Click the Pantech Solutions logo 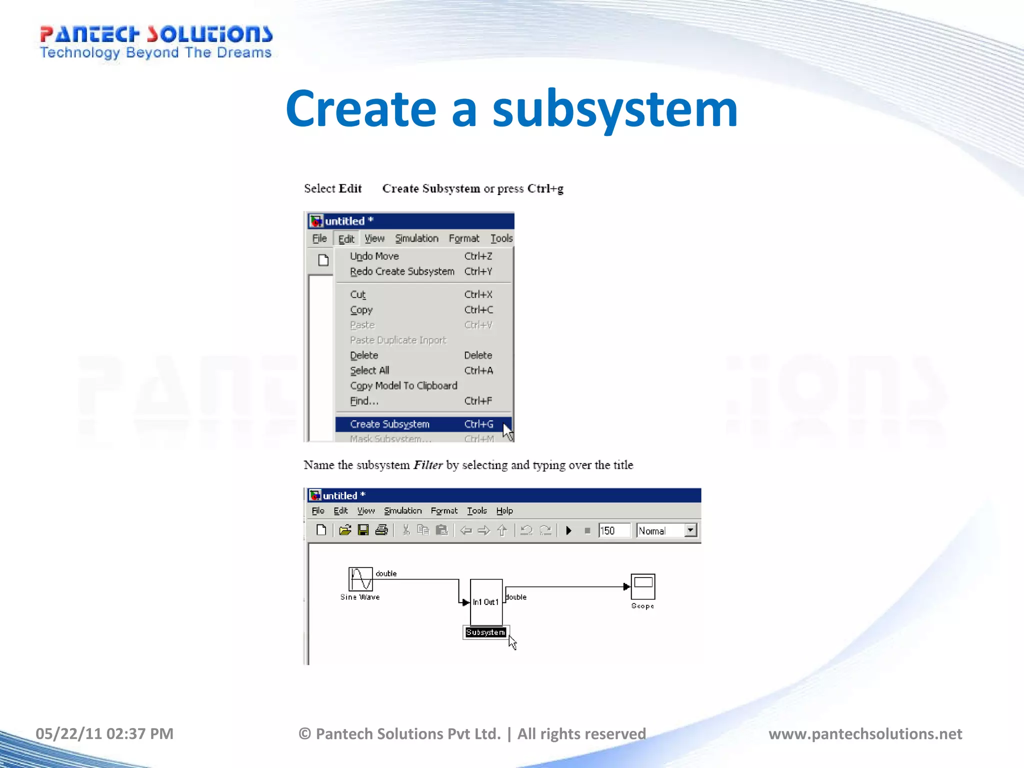pyautogui.click(x=155, y=42)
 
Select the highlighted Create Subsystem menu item pyautogui.click(x=390, y=424)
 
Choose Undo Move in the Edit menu pyautogui.click(x=374, y=256)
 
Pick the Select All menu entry pyautogui.click(x=369, y=370)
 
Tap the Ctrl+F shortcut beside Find pyautogui.click(x=478, y=401)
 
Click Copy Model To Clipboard pyautogui.click(x=403, y=385)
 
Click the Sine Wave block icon pyautogui.click(x=360, y=579)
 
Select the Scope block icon pyautogui.click(x=643, y=586)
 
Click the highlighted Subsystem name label pyautogui.click(x=485, y=632)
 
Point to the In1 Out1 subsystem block pyautogui.click(x=486, y=602)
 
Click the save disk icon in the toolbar pyautogui.click(x=363, y=530)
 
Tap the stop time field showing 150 pyautogui.click(x=614, y=530)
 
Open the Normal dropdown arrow pyautogui.click(x=690, y=530)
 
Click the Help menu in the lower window pyautogui.click(x=504, y=510)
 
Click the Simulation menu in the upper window pyautogui.click(x=416, y=238)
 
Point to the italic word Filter pyautogui.click(x=428, y=465)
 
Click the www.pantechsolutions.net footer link pyautogui.click(x=865, y=733)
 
